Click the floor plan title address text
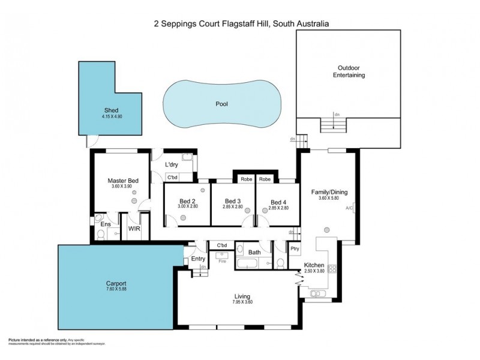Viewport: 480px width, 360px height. click(240, 23)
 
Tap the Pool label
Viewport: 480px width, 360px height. click(222, 104)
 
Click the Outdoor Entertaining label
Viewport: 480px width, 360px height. click(349, 71)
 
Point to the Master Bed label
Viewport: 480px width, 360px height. click(124, 181)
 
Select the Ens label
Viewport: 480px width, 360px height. click(105, 224)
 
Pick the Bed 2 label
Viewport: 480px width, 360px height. click(187, 201)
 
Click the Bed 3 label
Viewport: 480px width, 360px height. click(233, 201)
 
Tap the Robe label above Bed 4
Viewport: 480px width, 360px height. click(265, 179)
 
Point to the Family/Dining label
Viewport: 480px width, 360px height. click(329, 193)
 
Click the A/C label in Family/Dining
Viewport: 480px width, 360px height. click(349, 208)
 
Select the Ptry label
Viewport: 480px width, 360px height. click(294, 248)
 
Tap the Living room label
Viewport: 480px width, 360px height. click(242, 296)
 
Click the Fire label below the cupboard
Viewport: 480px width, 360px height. click(221, 262)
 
